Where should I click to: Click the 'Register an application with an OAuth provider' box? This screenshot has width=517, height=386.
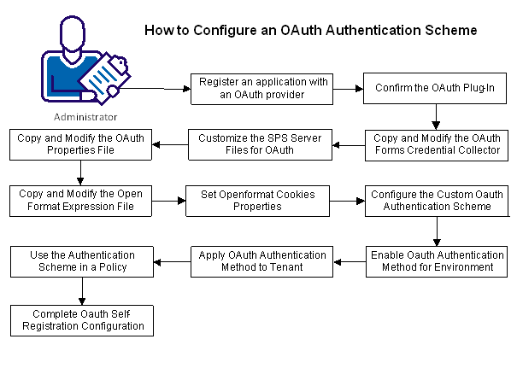263,88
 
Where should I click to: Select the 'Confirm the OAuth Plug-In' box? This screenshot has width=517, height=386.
437,88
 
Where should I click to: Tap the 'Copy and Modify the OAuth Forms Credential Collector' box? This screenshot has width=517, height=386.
437,143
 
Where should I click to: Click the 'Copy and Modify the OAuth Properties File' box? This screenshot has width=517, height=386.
79,143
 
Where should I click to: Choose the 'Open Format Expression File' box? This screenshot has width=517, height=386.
79,202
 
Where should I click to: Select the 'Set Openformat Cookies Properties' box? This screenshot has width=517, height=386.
258,202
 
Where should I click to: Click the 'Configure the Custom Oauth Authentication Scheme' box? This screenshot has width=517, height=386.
437,202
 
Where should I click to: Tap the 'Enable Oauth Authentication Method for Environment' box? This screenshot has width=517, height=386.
437,260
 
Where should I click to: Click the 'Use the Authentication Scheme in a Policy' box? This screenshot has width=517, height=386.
79,260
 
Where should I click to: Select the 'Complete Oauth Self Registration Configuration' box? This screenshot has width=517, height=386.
79,319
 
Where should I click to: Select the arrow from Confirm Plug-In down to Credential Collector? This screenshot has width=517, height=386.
437,116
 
